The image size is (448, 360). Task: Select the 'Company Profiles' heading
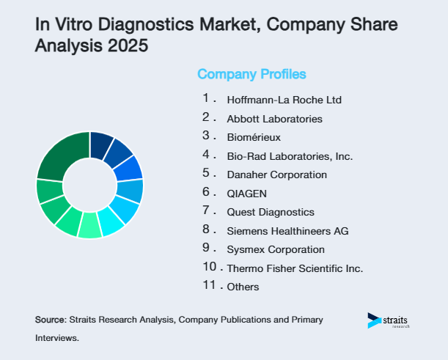[251, 74]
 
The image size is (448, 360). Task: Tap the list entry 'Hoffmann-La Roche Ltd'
[284, 99]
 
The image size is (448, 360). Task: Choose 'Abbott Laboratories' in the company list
[274, 118]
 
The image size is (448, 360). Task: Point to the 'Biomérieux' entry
[254, 137]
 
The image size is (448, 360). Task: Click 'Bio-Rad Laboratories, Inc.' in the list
[290, 156]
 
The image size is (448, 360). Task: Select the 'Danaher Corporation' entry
[276, 175]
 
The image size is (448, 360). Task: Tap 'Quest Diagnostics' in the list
[270, 212]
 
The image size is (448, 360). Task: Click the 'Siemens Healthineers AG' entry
[287, 231]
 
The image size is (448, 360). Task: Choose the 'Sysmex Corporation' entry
[275, 249]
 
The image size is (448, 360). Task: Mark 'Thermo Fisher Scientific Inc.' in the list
[295, 268]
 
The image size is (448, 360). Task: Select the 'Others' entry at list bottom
[243, 287]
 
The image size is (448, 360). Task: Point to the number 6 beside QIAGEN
[207, 191]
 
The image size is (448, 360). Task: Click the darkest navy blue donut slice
[101, 144]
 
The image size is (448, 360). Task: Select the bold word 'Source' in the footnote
[50, 320]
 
